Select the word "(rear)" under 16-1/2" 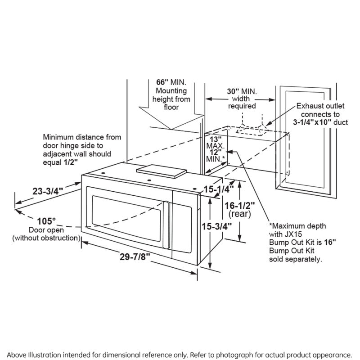pyautogui.click(x=238, y=214)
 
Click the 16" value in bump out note pyautogui.click(x=330, y=242)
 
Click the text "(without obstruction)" pyautogui.click(x=46, y=237)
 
